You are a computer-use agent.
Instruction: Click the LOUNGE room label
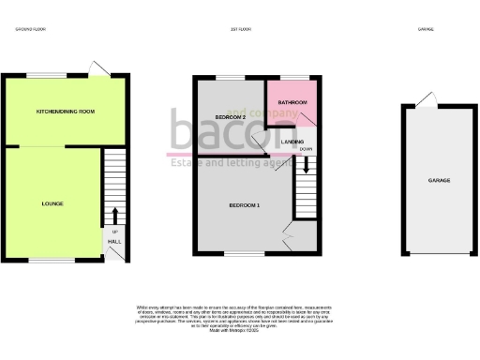click(52, 203)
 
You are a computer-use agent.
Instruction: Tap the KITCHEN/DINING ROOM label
click(66, 112)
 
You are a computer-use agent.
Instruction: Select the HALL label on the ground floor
click(114, 241)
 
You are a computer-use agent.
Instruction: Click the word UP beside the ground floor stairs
click(114, 231)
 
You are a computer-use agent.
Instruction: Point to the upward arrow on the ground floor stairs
click(115, 215)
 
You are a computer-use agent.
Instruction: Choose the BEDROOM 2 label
click(230, 116)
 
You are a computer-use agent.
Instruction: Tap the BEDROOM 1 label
click(245, 204)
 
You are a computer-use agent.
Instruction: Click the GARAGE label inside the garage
click(439, 180)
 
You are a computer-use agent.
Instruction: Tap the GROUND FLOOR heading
click(30, 30)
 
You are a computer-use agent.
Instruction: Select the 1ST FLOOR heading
click(241, 30)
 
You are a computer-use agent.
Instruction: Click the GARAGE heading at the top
click(425, 30)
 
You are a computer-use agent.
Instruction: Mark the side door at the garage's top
click(427, 99)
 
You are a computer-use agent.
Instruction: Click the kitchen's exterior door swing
click(97, 67)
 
